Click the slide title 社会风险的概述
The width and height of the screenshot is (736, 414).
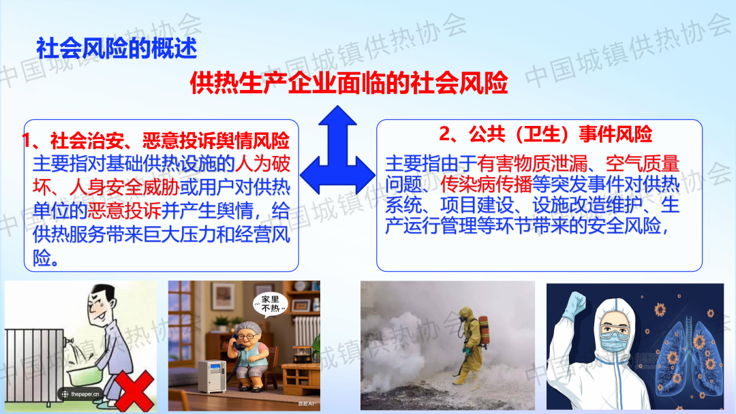(117, 48)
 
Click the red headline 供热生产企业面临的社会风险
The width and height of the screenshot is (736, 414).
(349, 82)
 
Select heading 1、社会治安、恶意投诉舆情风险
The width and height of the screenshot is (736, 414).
(156, 141)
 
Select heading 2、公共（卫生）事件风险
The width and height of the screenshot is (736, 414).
(545, 134)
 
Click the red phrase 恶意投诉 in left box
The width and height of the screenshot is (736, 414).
(125, 210)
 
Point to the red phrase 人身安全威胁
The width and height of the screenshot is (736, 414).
(124, 187)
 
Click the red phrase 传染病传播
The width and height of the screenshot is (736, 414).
(486, 185)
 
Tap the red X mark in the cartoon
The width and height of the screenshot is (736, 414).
(135, 390)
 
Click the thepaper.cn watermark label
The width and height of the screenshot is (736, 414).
(80, 394)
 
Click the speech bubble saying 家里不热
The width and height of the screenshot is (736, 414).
(271, 304)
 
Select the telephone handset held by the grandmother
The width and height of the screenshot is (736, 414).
(236, 345)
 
